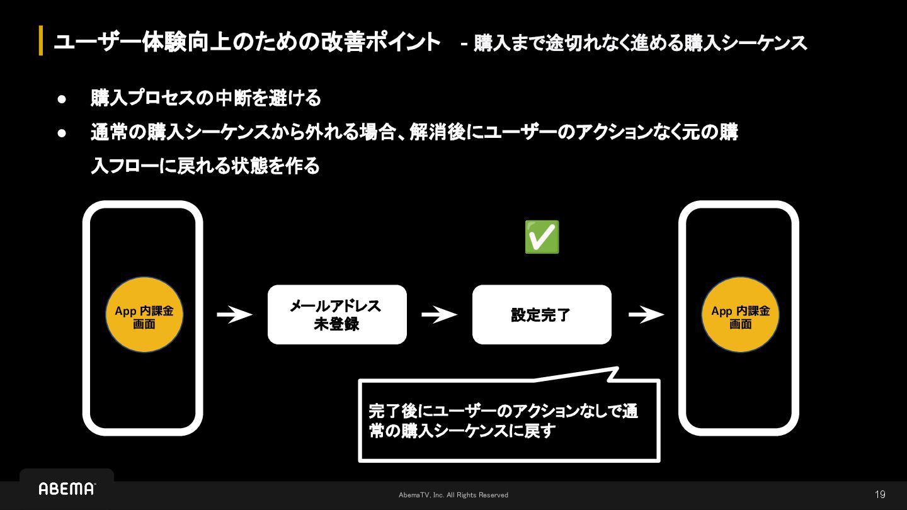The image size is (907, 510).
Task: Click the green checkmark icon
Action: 542,237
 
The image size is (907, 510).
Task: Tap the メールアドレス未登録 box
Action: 337,315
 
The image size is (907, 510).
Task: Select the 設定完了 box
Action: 542,315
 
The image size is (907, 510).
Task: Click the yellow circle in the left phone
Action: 144,315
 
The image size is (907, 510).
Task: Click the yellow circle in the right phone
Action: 741,315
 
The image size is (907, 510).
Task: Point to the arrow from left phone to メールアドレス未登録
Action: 234,315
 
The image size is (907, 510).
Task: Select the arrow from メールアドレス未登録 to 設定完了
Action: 439,315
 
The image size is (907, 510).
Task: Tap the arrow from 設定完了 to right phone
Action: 646,315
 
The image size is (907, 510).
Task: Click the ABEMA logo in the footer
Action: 67,489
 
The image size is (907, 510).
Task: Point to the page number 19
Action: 880,495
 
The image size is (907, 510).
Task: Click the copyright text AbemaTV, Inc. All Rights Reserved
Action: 453,496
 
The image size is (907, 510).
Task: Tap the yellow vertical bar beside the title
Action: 41,41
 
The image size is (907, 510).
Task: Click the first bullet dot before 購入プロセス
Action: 62,99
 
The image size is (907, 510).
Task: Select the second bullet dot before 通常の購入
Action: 62,133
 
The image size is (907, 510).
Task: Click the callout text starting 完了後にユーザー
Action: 503,421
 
